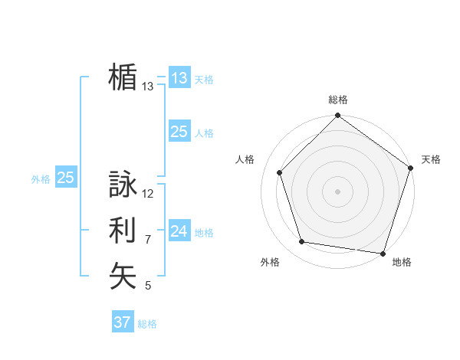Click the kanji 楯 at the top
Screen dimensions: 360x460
[123, 77]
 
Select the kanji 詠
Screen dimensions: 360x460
[123, 185]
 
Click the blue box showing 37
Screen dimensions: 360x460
[123, 322]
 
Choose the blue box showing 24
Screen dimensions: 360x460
[179, 231]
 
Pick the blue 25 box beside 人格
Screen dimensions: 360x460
[179, 132]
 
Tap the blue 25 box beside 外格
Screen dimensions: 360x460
[66, 178]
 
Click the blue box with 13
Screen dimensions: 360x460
[179, 77]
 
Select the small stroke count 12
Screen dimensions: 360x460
[148, 194]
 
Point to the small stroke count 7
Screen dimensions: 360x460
[148, 240]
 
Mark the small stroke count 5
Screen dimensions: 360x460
[148, 286]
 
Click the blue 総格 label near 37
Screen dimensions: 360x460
[147, 324]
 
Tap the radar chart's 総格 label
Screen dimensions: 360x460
[338, 100]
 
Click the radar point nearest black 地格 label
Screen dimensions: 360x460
[383, 253]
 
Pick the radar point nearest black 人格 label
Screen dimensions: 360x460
[280, 172]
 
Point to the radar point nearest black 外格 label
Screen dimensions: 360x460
[302, 242]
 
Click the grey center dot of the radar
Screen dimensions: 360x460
[338, 191]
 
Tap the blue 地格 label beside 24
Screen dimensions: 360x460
[204, 232]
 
